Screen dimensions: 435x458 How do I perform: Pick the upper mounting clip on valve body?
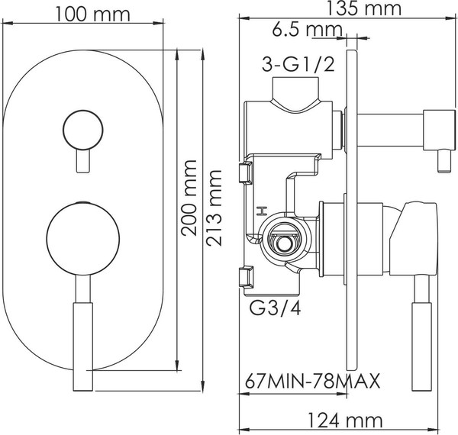[246, 172]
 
